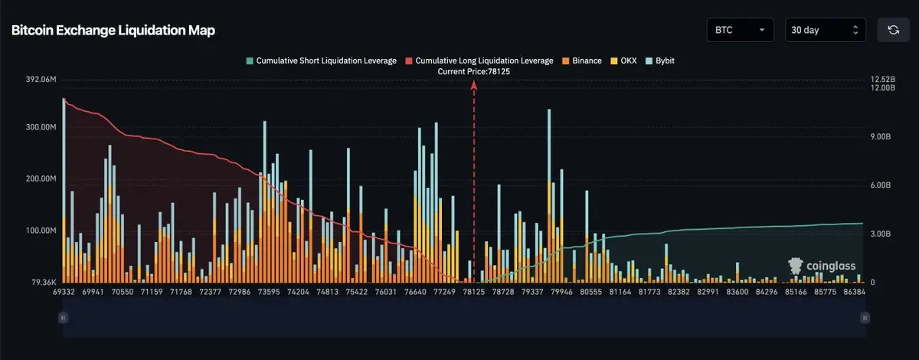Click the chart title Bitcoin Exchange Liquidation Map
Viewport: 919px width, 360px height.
(113, 31)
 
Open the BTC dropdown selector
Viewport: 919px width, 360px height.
(739, 30)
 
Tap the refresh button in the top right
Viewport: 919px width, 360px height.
(893, 30)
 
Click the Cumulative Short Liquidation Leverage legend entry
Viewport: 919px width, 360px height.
(321, 61)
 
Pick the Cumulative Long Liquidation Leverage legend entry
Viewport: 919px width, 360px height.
(479, 61)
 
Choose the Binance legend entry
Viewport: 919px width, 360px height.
(582, 61)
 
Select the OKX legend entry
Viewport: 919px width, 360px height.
(624, 61)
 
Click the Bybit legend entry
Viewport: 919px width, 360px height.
(661, 61)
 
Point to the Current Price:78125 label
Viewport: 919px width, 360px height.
(473, 71)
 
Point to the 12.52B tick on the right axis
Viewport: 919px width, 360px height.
(882, 80)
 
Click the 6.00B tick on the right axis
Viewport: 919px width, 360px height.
(882, 185)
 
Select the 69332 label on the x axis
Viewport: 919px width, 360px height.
(64, 293)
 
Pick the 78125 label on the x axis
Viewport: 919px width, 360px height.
(473, 293)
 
